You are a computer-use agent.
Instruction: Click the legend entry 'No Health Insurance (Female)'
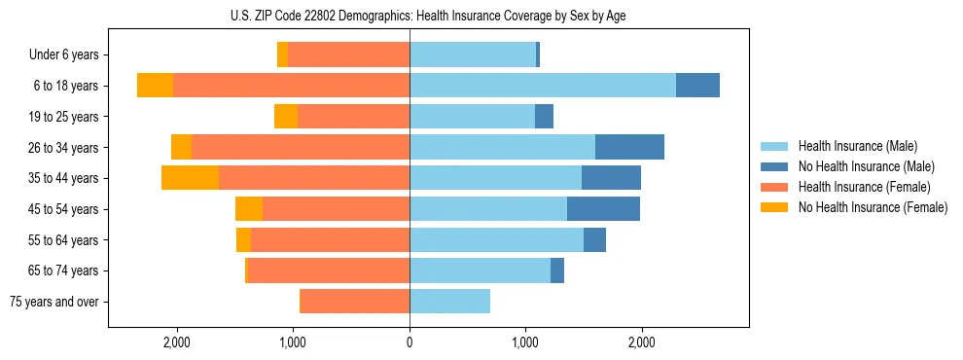click(x=873, y=207)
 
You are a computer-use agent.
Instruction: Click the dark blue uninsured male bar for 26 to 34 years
click(x=629, y=147)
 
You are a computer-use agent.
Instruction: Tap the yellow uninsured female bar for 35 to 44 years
click(x=190, y=178)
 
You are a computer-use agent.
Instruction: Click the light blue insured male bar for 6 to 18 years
click(x=543, y=86)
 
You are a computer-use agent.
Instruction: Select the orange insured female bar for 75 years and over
click(x=355, y=302)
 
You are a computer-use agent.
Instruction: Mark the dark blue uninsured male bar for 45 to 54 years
click(x=603, y=209)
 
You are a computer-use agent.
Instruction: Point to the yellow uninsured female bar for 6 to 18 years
click(x=155, y=86)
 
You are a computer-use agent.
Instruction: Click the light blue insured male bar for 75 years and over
click(x=449, y=302)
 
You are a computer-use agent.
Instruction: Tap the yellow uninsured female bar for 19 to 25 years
click(x=286, y=117)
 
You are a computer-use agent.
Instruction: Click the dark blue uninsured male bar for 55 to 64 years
click(x=594, y=239)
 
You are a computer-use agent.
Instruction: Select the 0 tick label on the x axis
click(x=410, y=343)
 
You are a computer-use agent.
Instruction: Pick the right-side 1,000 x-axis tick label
click(x=525, y=343)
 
